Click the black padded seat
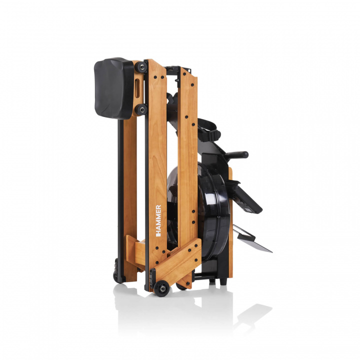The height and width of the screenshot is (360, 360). (x=113, y=88)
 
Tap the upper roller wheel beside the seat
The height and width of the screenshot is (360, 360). (x=141, y=67)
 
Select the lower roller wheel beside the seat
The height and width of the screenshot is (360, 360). (x=141, y=109)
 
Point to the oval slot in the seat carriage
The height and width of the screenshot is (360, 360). (x=137, y=88)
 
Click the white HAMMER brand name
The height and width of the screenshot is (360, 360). (x=158, y=220)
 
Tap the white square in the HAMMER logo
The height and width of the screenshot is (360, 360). (x=158, y=235)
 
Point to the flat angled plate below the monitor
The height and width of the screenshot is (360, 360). (x=251, y=239)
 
